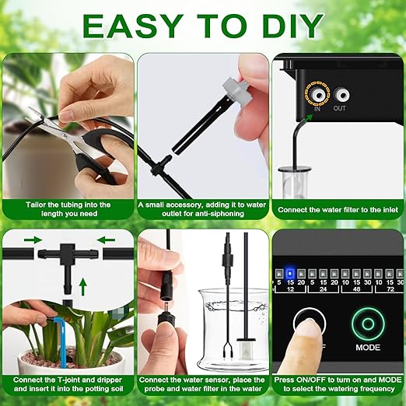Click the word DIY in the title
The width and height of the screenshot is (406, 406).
click(x=287, y=26)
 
